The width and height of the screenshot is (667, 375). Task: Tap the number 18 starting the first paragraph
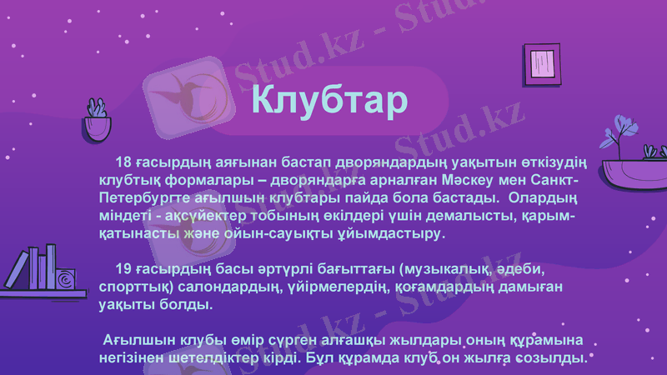123,162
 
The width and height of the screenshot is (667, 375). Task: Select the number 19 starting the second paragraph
123,269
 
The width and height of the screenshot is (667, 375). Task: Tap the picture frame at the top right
542,62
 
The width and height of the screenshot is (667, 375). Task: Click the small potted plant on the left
97,122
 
